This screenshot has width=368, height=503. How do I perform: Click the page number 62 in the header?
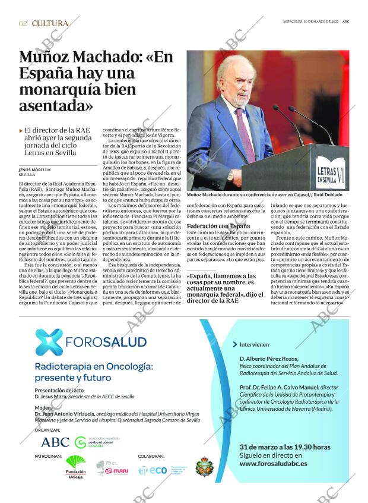point(23,23)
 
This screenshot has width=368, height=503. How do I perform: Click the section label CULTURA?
point(50,23)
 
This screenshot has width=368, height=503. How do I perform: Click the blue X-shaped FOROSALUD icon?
point(48,342)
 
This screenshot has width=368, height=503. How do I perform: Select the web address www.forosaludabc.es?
point(273,463)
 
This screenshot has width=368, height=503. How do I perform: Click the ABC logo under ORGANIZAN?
point(55,442)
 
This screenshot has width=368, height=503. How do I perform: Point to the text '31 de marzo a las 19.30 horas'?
point(284,447)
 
